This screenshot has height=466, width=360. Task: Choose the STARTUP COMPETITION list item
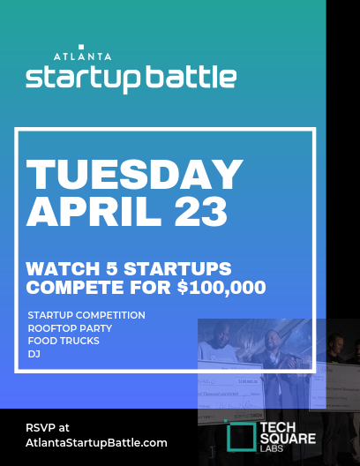[x=86, y=315]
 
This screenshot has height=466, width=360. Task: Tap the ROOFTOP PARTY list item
[x=71, y=327]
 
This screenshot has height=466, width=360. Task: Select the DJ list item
[x=34, y=352]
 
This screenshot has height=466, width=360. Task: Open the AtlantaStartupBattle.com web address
[x=95, y=442]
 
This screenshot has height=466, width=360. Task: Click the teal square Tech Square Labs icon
[x=238, y=436]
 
